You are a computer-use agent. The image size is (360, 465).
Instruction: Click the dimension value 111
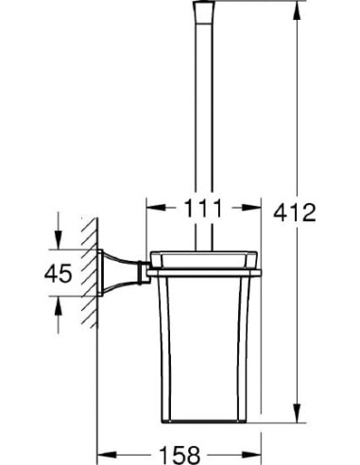tap(203, 206)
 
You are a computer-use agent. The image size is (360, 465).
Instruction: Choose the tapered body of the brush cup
tap(203, 350)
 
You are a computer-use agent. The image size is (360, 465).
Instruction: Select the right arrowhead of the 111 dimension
tap(254, 206)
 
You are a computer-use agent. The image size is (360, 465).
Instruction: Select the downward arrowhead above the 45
tap(58, 246)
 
